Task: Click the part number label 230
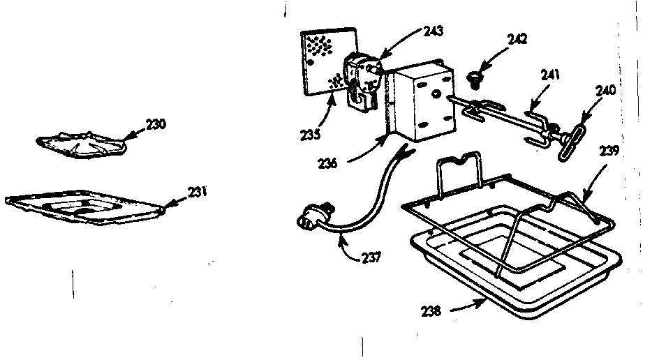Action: [x=156, y=124]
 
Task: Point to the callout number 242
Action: [x=517, y=38]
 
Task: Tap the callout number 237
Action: [x=371, y=258]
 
